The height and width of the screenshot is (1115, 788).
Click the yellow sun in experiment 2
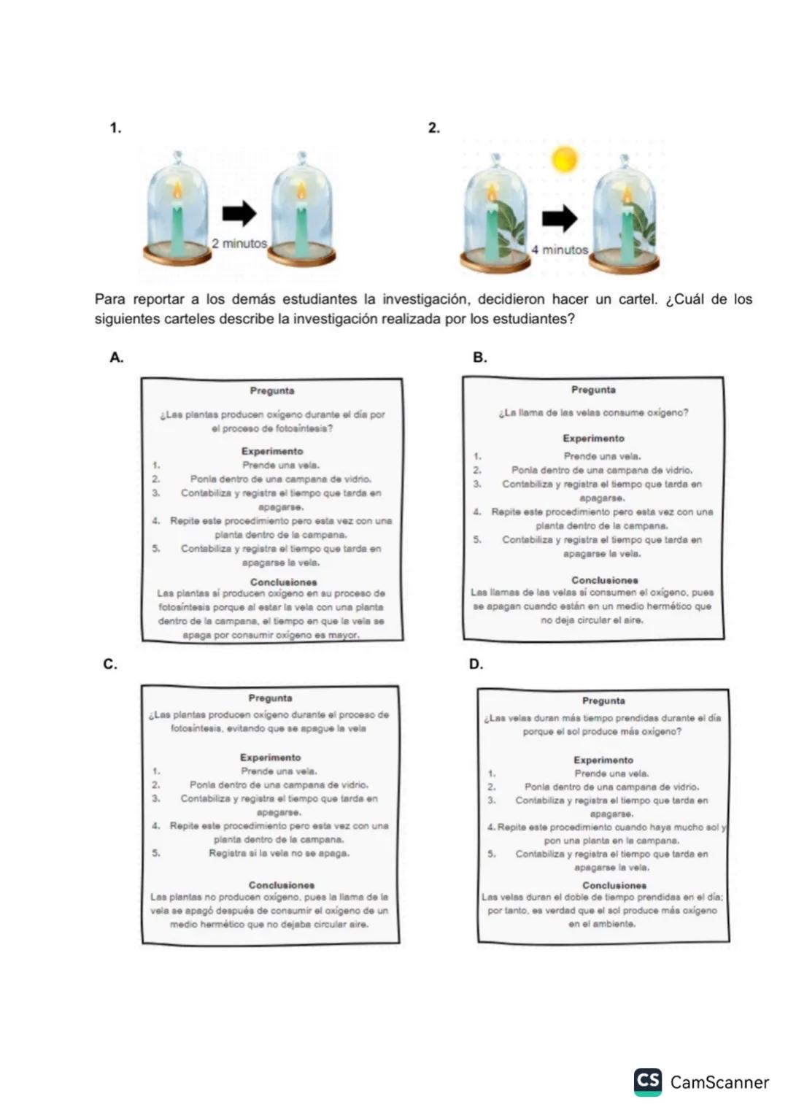(x=564, y=158)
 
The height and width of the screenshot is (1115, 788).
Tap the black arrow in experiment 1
(x=239, y=213)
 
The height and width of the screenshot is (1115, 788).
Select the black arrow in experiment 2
(x=560, y=217)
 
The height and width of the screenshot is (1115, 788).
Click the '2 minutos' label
(x=239, y=244)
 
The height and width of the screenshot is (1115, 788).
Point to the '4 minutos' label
(x=560, y=250)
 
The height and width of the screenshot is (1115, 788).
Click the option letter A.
(x=116, y=358)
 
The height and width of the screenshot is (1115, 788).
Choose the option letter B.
(x=479, y=358)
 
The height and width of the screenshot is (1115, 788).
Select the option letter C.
(x=110, y=664)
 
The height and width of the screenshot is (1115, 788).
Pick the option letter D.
(x=476, y=664)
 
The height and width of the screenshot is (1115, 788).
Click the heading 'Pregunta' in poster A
(x=272, y=391)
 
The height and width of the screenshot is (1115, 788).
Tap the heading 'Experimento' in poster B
(x=593, y=439)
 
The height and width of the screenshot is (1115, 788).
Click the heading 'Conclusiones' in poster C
(x=281, y=885)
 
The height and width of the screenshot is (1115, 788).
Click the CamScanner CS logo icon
(x=648, y=1081)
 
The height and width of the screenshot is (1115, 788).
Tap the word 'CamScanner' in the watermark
(x=719, y=1082)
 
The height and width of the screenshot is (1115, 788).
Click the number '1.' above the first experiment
(x=115, y=128)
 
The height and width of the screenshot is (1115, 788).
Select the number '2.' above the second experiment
(x=434, y=128)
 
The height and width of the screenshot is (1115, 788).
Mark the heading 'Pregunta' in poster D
(x=603, y=701)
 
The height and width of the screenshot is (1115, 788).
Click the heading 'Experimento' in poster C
(x=270, y=757)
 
